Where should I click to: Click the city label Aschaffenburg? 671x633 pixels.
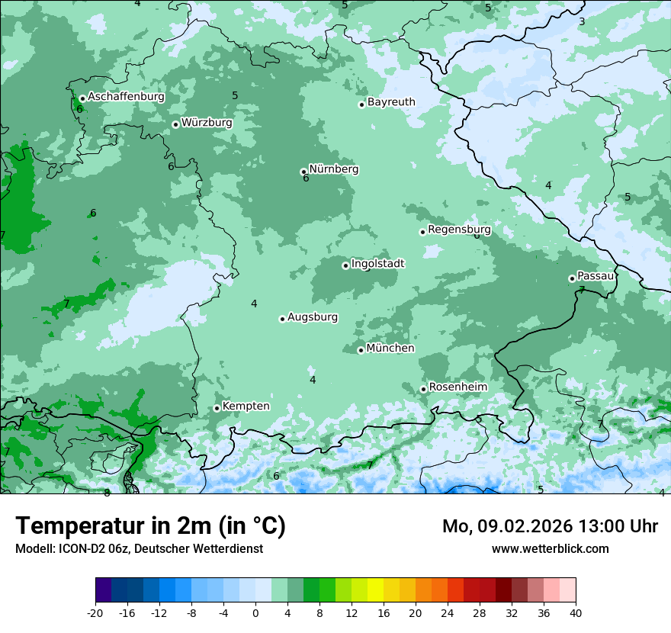click(x=126, y=97)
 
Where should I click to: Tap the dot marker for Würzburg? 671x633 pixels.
click(x=175, y=124)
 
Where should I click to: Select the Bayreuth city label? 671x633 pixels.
click(x=391, y=101)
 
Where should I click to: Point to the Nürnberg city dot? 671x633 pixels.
click(x=303, y=172)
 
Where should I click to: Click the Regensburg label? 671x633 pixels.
click(x=459, y=229)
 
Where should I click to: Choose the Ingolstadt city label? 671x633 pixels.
click(x=377, y=263)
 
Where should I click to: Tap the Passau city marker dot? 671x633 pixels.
click(x=572, y=278)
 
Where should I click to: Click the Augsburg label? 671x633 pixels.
click(x=313, y=316)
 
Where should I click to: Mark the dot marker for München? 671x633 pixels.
click(x=361, y=350)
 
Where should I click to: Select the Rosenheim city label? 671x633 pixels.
click(x=457, y=387)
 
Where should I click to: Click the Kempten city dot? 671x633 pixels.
click(x=217, y=408)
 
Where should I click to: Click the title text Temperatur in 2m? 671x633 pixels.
click(x=114, y=525)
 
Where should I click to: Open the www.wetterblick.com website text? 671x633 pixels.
click(x=550, y=548)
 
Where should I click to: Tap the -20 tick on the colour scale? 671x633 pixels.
click(x=95, y=612)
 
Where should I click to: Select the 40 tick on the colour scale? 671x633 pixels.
click(x=576, y=612)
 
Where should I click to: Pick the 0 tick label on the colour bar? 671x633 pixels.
click(x=255, y=612)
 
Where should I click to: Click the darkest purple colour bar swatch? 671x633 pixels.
click(x=103, y=590)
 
